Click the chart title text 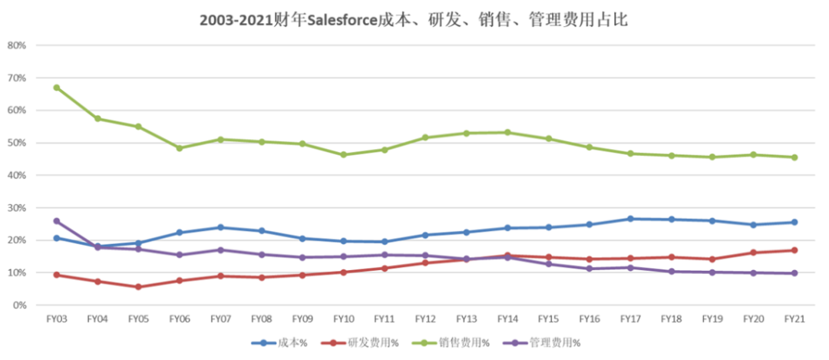(414, 21)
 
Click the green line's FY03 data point (57, 88)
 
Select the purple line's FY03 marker (57, 221)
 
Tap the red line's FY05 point (138, 287)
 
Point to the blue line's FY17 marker (630, 219)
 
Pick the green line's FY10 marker (343, 155)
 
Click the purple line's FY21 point (794, 273)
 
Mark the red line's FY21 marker (794, 250)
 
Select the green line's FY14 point (507, 133)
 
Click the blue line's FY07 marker (220, 227)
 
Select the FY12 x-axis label (425, 318)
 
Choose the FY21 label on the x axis (794, 318)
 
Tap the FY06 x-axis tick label (179, 318)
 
